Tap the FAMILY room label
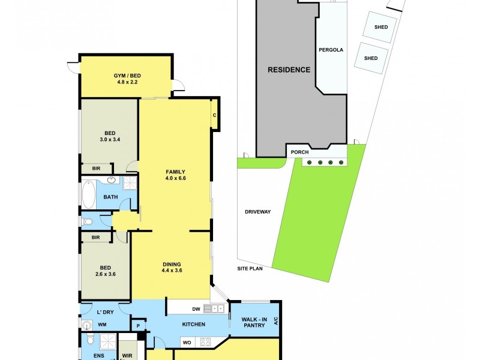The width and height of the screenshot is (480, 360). tap(176, 172)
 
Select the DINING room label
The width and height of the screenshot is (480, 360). tap(172, 264)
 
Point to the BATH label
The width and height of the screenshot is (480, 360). tap(110, 197)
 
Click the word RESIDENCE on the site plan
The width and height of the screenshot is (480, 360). tap(289, 70)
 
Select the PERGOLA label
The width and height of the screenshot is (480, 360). tap(331, 50)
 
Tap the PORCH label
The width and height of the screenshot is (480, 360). tap(299, 152)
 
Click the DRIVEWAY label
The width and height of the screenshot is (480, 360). tap(258, 212)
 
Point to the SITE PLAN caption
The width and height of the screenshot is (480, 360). tap(249, 268)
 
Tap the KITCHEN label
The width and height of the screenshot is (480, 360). tap(194, 325)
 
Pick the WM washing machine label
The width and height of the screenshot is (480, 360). tap(102, 325)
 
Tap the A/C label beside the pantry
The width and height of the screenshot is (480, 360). tap(276, 321)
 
